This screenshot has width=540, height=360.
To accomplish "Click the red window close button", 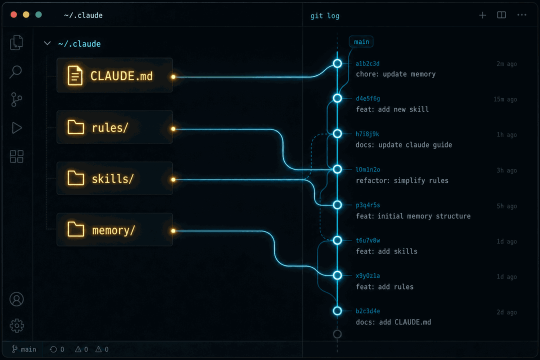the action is coord(14,14).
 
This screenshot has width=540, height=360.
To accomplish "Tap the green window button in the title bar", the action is coord(38,14).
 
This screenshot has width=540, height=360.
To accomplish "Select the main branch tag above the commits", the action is coord(361,41).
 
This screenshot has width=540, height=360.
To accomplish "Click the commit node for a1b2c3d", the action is coord(337,63).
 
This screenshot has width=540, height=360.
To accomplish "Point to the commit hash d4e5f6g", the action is coord(368,98).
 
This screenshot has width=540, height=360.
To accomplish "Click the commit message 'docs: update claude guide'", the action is coord(403,144).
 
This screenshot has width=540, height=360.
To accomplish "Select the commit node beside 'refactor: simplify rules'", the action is coord(337,169).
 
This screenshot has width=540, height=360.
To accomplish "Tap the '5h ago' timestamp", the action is coord(506,206).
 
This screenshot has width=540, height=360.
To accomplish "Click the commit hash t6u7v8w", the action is coord(368,240).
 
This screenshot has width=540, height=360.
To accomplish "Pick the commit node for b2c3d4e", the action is coord(337,310).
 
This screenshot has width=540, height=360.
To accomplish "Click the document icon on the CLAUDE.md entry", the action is coord(75,75).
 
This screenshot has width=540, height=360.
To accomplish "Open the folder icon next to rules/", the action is coord(76,127).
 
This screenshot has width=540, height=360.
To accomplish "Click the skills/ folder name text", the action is coord(112,179).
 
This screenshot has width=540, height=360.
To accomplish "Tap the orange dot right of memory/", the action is coord(173,231).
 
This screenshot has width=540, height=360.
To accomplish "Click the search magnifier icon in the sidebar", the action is coord(16,71).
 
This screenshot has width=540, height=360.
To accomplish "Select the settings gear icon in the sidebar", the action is coord(16,325).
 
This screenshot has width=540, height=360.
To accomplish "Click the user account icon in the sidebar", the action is coord(16,299).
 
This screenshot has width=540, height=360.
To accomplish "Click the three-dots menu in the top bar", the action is coord(521,15).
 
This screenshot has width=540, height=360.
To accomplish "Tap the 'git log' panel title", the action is coord(325,16).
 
